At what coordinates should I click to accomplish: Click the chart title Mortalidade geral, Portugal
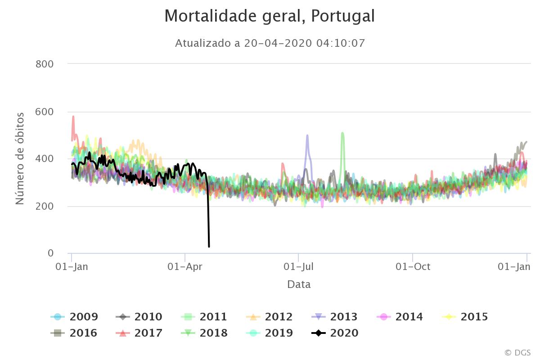pyautogui.click(x=269, y=16)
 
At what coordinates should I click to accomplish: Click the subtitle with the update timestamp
pyautogui.click(x=270, y=43)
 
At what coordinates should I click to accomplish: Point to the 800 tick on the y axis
pyautogui.click(x=44, y=64)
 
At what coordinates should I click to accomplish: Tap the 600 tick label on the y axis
pyautogui.click(x=44, y=112)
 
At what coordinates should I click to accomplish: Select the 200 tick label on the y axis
pyautogui.click(x=44, y=206)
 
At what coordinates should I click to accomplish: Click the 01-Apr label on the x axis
pyautogui.click(x=185, y=266)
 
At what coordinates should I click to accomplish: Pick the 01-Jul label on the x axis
pyautogui.click(x=298, y=266)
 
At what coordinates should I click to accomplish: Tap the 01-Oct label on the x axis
pyautogui.click(x=413, y=266)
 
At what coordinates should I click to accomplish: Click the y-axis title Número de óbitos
pyautogui.click(x=20, y=158)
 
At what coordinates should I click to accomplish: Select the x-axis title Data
pyautogui.click(x=299, y=284)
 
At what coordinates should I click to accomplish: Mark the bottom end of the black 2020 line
pyautogui.click(x=209, y=246)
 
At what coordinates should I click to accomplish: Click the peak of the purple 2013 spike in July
pyautogui.click(x=307, y=135)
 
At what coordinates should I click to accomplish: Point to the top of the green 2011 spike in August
pyautogui.click(x=342, y=133)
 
